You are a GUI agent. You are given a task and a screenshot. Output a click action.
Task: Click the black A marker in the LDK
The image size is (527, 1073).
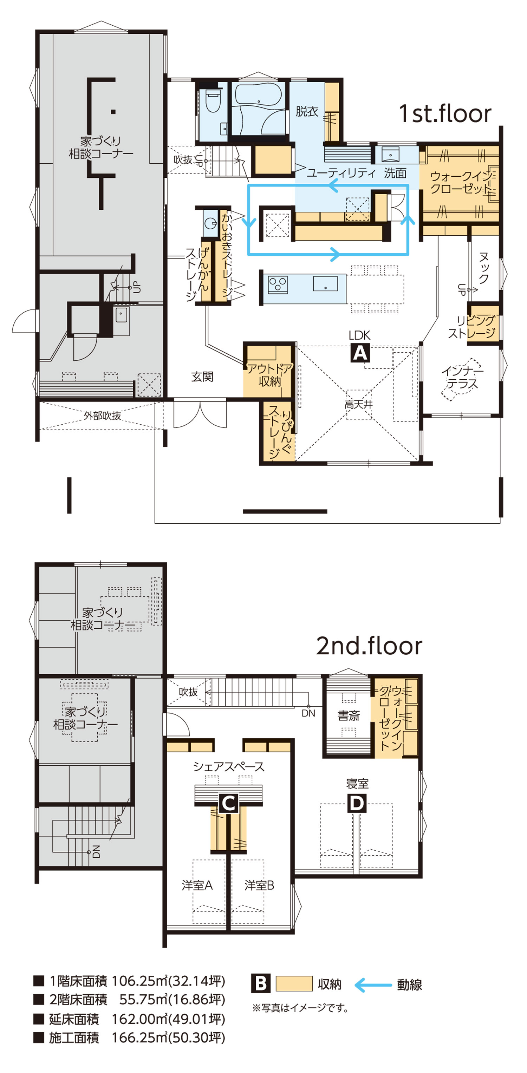pyautogui.click(x=359, y=353)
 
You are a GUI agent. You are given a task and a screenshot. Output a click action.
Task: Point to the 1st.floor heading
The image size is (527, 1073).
pyautogui.click(x=444, y=113)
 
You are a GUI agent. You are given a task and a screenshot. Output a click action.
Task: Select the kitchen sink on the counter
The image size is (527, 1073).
pyautogui.click(x=325, y=283)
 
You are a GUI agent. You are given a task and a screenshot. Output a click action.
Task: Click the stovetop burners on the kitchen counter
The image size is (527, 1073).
pyautogui.click(x=278, y=285)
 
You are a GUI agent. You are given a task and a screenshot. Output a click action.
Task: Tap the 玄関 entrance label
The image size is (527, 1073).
pyautogui.click(x=202, y=377)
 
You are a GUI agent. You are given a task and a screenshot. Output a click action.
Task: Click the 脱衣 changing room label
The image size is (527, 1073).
pyautogui.click(x=307, y=111)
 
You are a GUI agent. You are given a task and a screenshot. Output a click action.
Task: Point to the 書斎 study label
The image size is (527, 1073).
pyautogui.click(x=348, y=715)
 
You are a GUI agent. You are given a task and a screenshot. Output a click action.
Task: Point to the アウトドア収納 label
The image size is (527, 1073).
pyautogui.click(x=269, y=375)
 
